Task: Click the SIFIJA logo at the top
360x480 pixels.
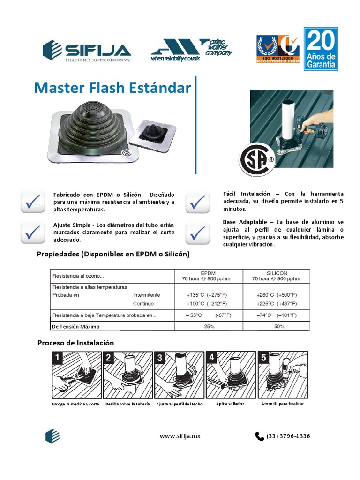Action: (87, 51)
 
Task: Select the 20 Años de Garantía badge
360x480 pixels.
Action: (321, 49)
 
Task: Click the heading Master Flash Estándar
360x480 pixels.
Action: (112, 88)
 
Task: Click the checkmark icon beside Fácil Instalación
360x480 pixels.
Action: (198, 202)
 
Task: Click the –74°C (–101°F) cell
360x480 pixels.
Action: (276, 315)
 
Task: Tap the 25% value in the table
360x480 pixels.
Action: (209, 326)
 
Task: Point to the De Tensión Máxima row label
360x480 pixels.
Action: (76, 326)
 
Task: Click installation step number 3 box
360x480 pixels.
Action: (180, 375)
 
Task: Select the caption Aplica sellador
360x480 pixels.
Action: (230, 403)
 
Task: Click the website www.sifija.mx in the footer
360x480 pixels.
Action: (180, 436)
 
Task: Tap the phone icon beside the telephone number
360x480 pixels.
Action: (260, 436)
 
